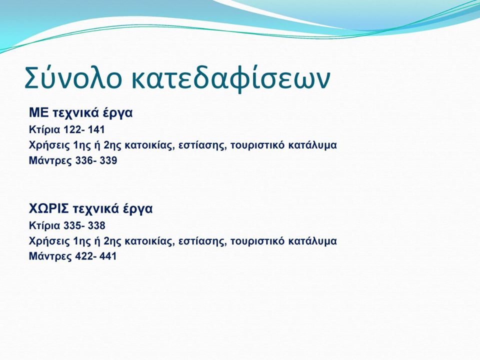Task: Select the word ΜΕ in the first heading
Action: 38,112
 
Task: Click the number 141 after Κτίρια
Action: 96,130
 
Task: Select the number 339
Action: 108,160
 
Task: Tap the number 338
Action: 96,226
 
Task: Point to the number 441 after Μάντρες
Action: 108,256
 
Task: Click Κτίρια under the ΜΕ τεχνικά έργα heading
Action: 44,130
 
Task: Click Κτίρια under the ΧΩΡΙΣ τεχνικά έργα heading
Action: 44,226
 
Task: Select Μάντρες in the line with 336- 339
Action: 50,160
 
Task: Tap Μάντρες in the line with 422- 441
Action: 50,256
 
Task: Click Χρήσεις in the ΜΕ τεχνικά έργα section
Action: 49,145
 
